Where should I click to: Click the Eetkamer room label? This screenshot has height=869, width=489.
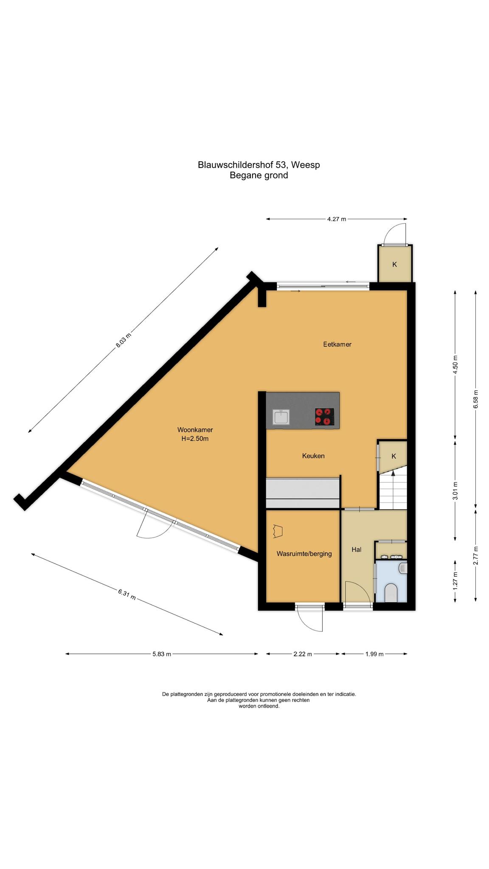(x=337, y=344)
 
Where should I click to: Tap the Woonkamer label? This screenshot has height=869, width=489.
(x=195, y=430)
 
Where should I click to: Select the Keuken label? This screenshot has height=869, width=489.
(x=313, y=456)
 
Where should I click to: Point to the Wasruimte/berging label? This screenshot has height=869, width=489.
(x=304, y=554)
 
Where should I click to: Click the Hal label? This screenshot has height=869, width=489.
(x=356, y=549)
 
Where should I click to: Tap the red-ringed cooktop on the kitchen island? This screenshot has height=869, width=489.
(x=324, y=417)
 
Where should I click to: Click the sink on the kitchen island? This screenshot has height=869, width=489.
(x=281, y=417)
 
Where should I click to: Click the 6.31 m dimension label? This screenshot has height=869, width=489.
(x=127, y=594)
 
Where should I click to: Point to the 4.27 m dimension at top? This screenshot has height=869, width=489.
(x=336, y=219)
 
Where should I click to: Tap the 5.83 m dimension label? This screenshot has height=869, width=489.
(x=162, y=654)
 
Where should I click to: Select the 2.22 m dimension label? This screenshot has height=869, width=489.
(x=303, y=654)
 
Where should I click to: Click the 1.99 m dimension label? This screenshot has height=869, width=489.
(x=374, y=654)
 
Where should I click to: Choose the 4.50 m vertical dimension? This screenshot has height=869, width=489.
(x=455, y=364)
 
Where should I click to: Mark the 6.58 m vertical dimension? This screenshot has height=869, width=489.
(x=476, y=399)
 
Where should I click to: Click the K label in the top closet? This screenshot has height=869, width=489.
(x=394, y=264)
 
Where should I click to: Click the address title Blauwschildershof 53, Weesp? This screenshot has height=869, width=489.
(x=259, y=165)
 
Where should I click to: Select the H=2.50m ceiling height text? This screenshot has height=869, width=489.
(x=195, y=439)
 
